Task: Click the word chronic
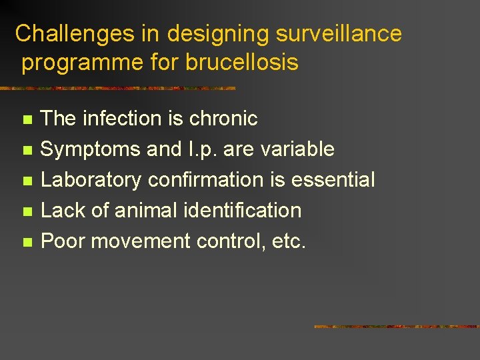(x=223, y=119)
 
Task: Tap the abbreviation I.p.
(x=203, y=149)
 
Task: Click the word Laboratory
(x=91, y=180)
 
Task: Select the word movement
(x=141, y=241)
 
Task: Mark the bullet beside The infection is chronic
(x=27, y=120)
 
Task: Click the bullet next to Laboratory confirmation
(x=27, y=181)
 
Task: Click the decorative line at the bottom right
(x=397, y=327)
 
